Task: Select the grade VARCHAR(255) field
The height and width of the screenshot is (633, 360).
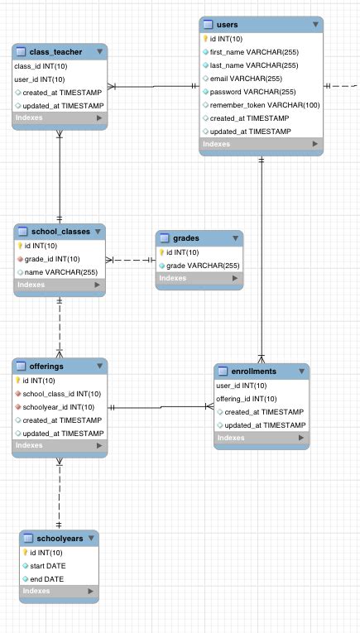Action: pyautogui.click(x=203, y=266)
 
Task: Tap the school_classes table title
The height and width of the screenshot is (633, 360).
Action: pyautogui.click(x=59, y=232)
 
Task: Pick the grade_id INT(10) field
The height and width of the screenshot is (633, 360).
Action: pyautogui.click(x=52, y=259)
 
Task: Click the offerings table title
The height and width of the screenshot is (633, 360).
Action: pyautogui.click(x=46, y=366)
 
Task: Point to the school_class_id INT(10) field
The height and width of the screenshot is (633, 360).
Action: pyautogui.click(x=61, y=394)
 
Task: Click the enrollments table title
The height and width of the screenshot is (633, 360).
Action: pyautogui.click(x=252, y=372)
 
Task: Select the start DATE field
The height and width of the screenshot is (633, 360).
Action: pyautogui.click(x=46, y=566)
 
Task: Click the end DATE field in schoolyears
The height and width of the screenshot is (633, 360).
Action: pyautogui.click(x=45, y=579)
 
